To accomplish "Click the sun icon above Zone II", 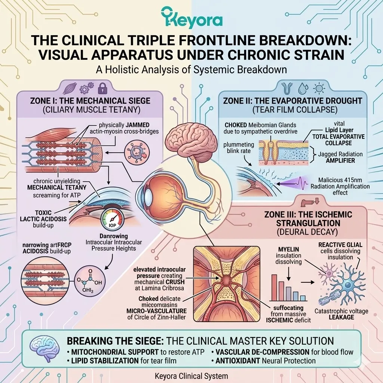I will (319, 88).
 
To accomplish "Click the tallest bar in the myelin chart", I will (274, 288).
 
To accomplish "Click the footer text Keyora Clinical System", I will (191, 376).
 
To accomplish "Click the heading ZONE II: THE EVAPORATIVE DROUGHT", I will (292, 101).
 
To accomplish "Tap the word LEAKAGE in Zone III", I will (342, 318).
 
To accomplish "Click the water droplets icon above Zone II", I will (303, 88).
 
